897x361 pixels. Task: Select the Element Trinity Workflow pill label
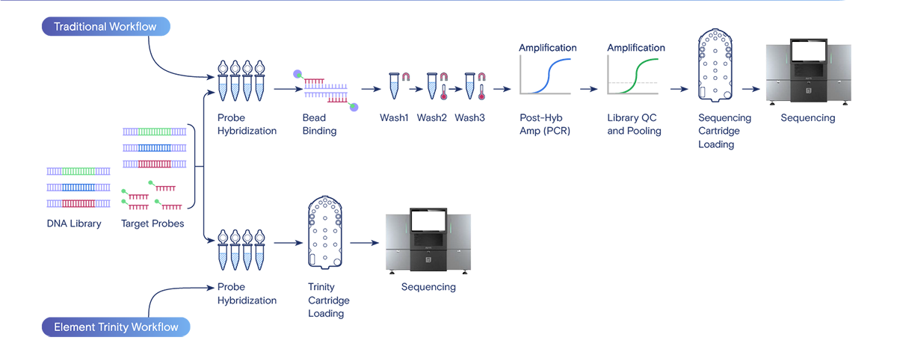tap(116, 327)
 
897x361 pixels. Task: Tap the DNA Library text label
tap(74, 223)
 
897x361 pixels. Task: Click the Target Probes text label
tap(152, 223)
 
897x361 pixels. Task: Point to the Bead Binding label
tap(319, 124)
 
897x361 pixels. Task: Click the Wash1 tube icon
tap(396, 85)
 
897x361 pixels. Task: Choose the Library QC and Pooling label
tap(634, 124)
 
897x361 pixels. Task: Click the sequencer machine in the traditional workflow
tap(807, 72)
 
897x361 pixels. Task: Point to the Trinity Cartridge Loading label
tap(328, 300)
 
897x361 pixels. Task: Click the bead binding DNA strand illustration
tap(326, 89)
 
